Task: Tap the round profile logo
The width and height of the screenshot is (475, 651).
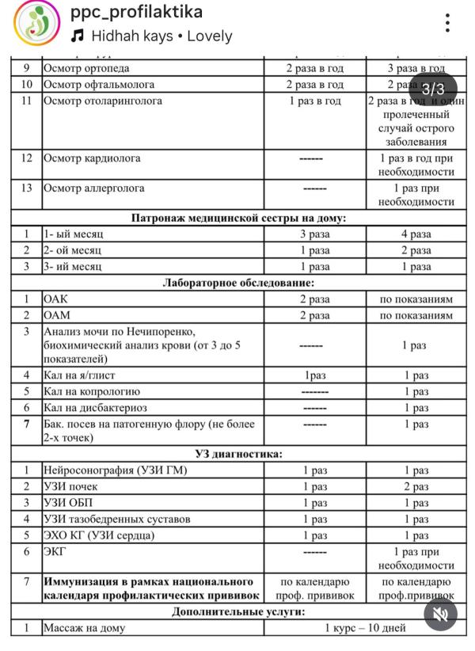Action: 36,24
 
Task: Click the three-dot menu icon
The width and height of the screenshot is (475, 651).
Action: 447,23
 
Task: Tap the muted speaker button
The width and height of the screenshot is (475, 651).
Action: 441,614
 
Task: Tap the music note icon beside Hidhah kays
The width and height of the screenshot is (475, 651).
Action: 77,36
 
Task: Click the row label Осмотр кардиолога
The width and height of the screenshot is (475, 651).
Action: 92,158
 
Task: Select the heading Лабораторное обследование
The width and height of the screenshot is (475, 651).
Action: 238,283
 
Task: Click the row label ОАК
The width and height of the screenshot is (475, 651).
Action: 56,299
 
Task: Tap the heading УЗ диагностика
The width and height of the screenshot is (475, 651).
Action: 238,454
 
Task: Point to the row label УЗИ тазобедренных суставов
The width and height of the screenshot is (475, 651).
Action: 117,519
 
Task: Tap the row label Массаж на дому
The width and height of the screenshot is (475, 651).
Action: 85,628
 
